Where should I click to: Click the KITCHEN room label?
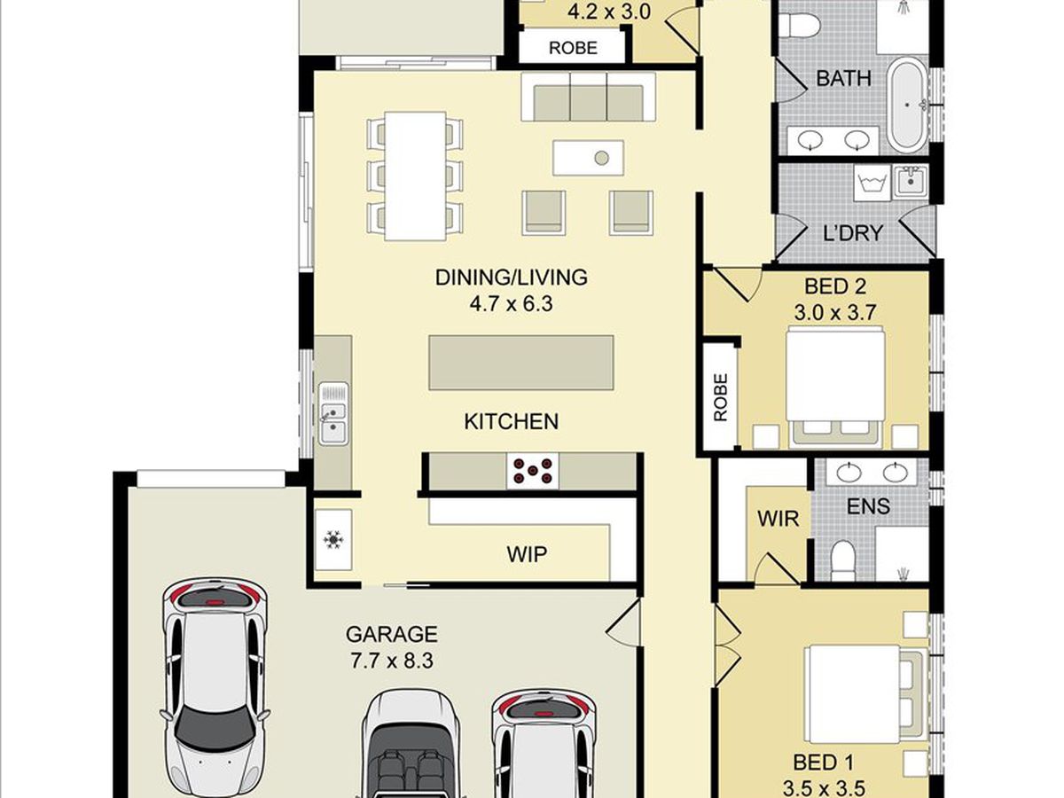coord(511,421)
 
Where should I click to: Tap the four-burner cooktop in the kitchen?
coord(533,471)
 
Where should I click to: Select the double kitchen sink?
coord(333,413)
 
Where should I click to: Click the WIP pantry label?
coord(527,554)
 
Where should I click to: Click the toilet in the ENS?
coord(843,561)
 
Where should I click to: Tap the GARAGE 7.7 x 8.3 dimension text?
coord(392,661)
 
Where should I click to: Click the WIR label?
coord(778,519)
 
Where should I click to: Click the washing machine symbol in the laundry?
coord(872,183)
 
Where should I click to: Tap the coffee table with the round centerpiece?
coord(589,158)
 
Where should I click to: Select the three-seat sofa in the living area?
coord(589,97)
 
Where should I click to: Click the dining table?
coord(415,176)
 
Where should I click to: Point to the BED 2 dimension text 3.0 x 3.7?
coord(834,312)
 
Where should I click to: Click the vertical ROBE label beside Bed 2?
coord(720,397)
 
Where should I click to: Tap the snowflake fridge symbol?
coord(333,539)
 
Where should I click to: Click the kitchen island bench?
coord(521,363)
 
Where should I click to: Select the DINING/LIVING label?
coord(512,278)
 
